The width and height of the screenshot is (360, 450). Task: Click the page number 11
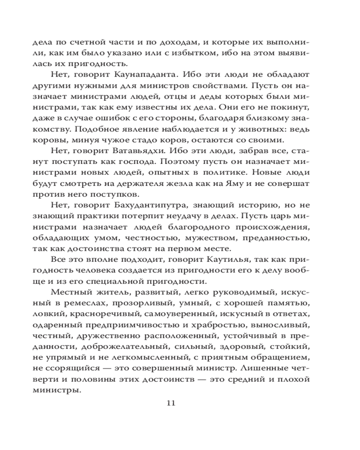[x=171, y=402]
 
